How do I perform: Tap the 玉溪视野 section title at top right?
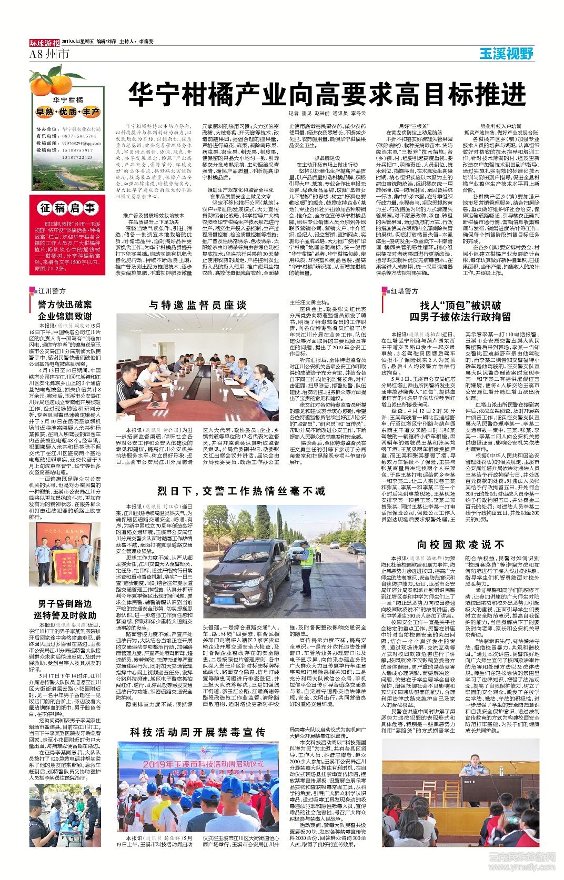pos(506,53)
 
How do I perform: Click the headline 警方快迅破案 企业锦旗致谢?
pos(65,310)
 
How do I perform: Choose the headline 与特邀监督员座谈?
pos(197,305)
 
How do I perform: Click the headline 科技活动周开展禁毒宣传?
pos(197,732)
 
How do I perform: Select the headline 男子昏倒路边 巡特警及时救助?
pos(65,609)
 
